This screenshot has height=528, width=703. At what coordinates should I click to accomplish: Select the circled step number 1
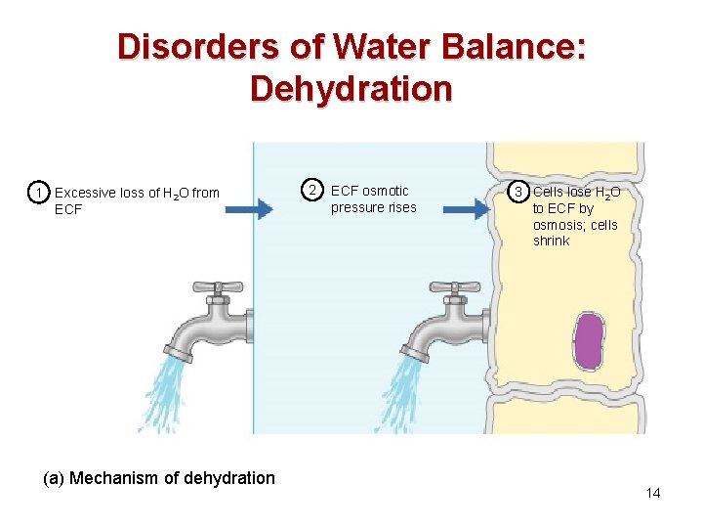(x=37, y=193)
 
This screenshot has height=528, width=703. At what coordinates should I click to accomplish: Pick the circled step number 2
(x=310, y=190)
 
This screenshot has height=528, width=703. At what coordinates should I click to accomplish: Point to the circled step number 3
(x=521, y=192)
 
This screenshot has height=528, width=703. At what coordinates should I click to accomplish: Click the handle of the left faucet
(x=216, y=286)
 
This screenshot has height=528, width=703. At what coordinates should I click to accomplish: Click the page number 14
(x=653, y=493)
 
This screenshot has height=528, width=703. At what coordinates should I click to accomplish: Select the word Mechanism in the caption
(x=117, y=478)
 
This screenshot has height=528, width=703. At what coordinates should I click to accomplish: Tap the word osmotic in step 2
(x=386, y=191)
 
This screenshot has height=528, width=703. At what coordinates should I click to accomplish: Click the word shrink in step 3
(x=551, y=241)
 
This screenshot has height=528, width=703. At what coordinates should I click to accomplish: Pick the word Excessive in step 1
(x=85, y=193)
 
